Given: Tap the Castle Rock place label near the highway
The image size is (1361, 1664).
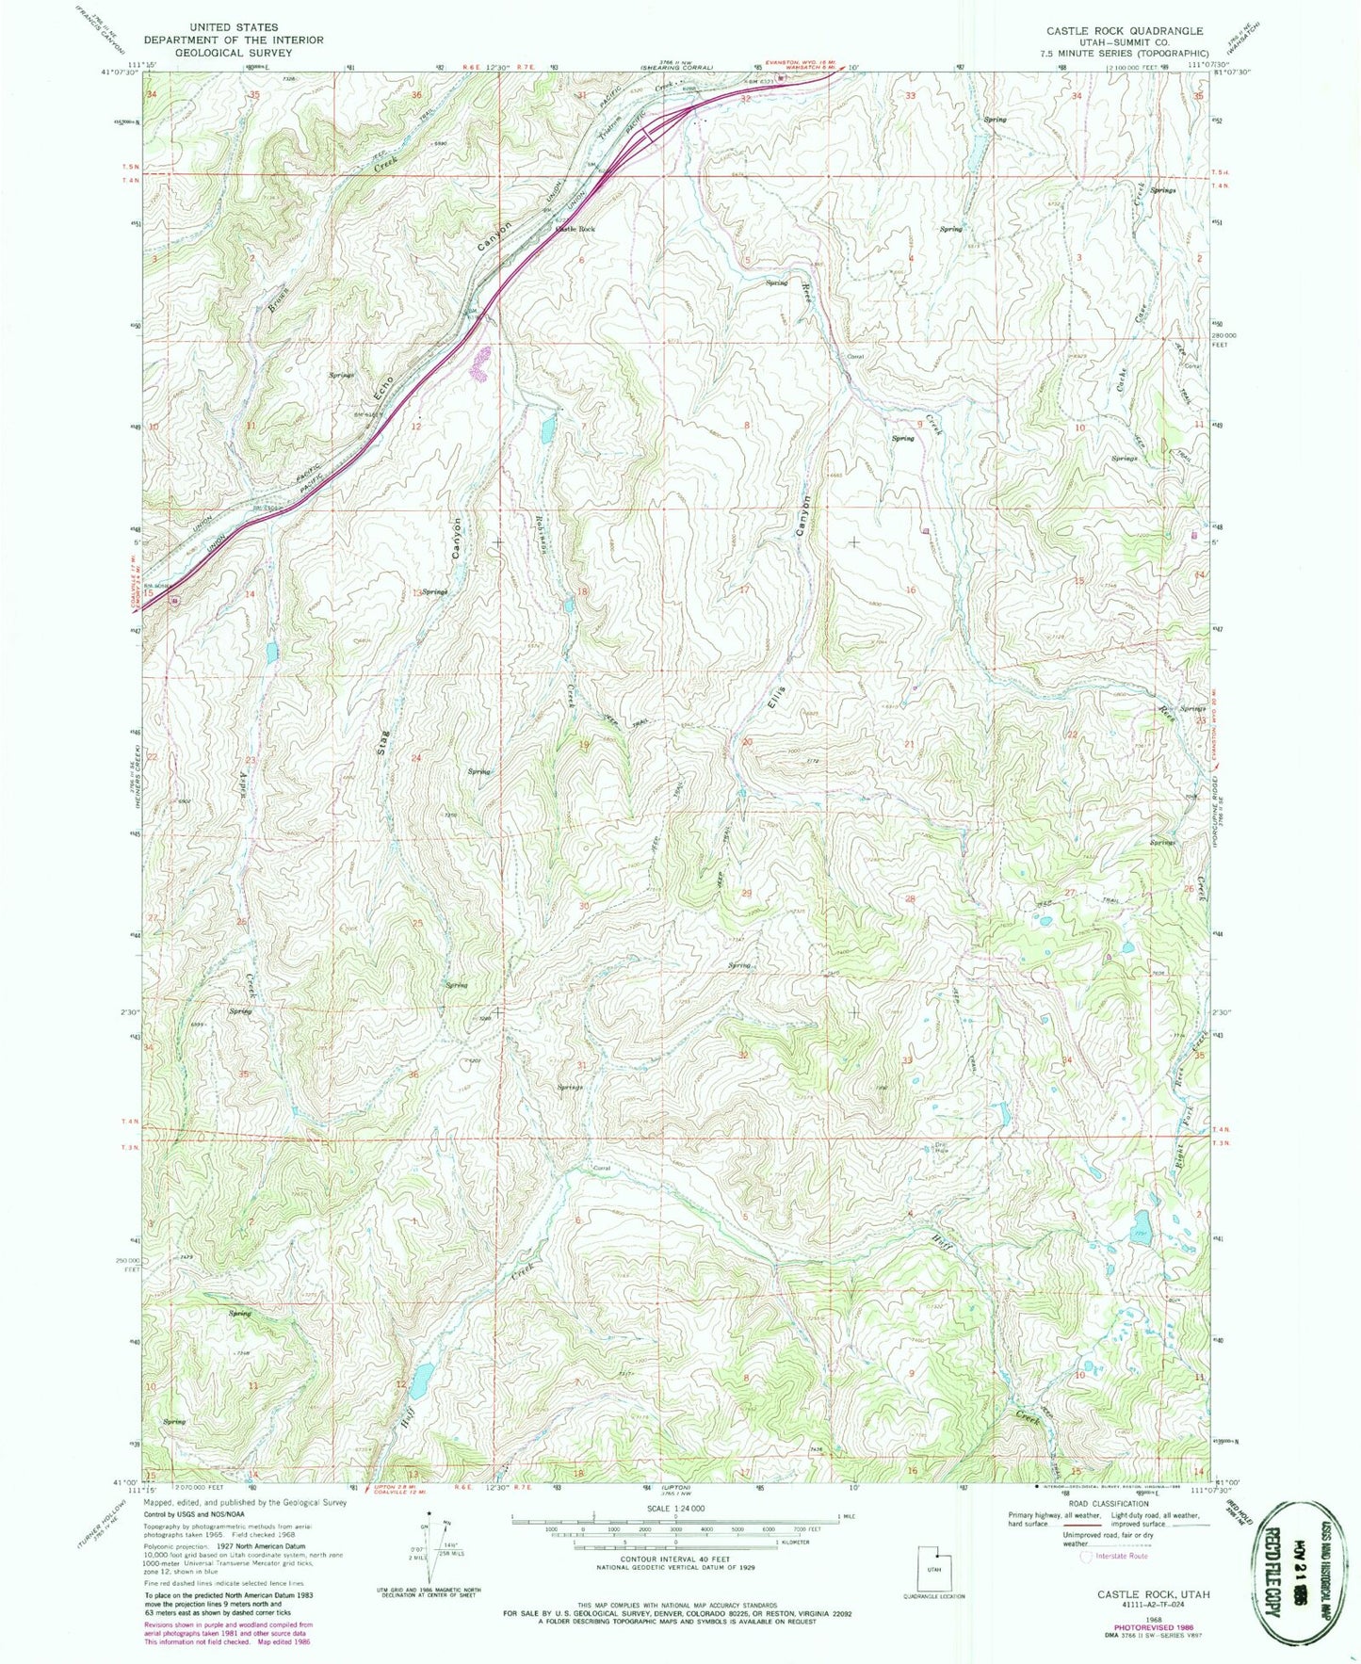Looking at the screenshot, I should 575,229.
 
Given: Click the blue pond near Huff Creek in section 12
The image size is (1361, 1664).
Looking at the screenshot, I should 421,1379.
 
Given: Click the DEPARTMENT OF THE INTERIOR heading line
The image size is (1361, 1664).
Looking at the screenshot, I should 233,40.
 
